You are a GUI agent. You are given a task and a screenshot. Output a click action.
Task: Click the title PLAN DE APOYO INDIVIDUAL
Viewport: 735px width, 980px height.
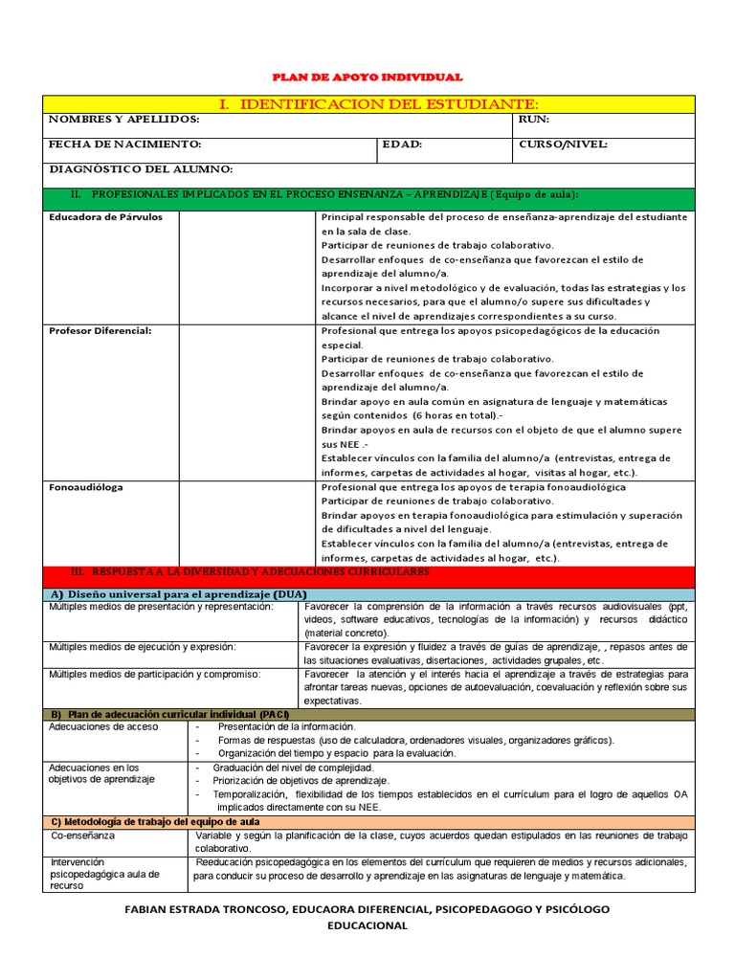tap(367, 77)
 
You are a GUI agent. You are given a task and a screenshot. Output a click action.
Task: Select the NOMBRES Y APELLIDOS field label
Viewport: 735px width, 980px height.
tap(124, 119)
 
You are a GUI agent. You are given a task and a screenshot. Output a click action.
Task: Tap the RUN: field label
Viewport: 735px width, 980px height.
tap(534, 119)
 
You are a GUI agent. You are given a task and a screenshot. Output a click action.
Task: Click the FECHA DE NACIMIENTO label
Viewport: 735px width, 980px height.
tap(124, 145)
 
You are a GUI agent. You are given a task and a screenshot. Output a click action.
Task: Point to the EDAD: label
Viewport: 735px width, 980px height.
tap(402, 145)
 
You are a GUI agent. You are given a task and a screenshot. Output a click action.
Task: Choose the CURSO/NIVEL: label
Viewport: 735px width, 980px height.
tap(563, 145)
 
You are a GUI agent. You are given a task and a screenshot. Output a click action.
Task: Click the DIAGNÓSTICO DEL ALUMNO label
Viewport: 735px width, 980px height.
tap(141, 169)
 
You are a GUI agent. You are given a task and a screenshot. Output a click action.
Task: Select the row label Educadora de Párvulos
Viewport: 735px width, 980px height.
tap(106, 217)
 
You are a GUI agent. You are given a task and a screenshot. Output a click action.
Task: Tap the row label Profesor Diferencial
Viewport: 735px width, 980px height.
tap(100, 330)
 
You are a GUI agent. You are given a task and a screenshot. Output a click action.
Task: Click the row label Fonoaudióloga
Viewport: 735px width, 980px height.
tap(86, 487)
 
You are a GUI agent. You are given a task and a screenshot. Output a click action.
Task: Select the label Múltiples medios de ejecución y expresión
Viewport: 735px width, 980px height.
tap(143, 647)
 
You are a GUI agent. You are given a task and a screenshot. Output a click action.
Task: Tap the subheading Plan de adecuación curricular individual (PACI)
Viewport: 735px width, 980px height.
tap(168, 715)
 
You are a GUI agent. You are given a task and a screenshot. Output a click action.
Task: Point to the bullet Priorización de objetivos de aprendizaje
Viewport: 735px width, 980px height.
tap(293, 781)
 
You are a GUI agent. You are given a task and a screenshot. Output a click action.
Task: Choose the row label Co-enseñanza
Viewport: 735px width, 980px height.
tap(83, 835)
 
